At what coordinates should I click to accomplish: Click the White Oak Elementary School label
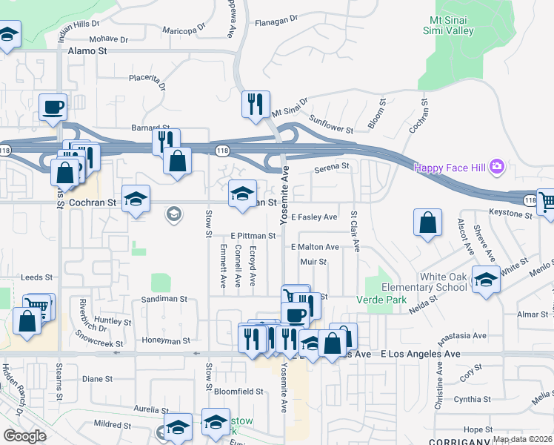pos(443,282)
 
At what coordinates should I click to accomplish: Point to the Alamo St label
pos(87,51)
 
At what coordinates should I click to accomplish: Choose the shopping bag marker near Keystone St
pos(428,222)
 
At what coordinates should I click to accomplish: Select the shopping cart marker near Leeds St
pos(37,306)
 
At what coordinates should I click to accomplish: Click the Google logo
pos(24,435)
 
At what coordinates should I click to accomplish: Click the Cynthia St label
pos(467,399)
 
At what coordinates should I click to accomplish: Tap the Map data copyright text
pos(521,439)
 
